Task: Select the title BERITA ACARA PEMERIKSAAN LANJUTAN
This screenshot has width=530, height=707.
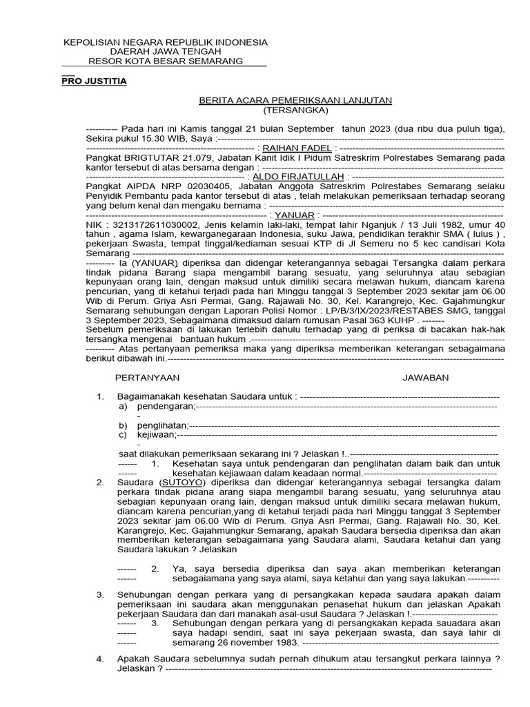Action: (295, 100)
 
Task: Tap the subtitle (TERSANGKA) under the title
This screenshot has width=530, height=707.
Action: (296, 110)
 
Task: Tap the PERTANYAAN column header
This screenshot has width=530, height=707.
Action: (147, 378)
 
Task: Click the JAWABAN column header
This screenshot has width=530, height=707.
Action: (426, 378)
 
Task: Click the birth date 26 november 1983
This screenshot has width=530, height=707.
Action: (236, 642)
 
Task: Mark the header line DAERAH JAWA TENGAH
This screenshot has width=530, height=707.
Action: (166, 52)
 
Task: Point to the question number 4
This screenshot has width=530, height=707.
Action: (100, 659)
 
